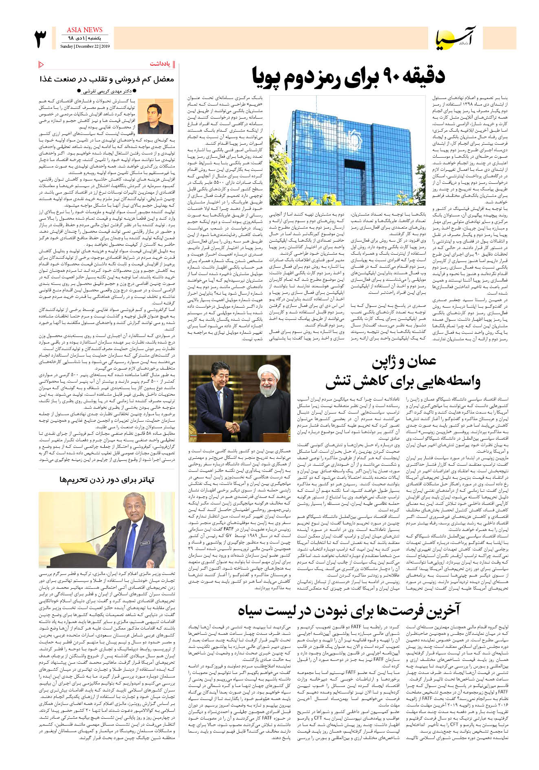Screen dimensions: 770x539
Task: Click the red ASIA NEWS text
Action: [x=84, y=30]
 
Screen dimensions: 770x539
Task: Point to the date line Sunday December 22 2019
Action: [x=85, y=46]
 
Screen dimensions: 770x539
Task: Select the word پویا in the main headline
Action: [x=267, y=77]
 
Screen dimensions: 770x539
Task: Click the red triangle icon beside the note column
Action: [x=41, y=64]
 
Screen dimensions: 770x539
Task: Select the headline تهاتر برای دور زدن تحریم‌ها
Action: [x=107, y=480]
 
